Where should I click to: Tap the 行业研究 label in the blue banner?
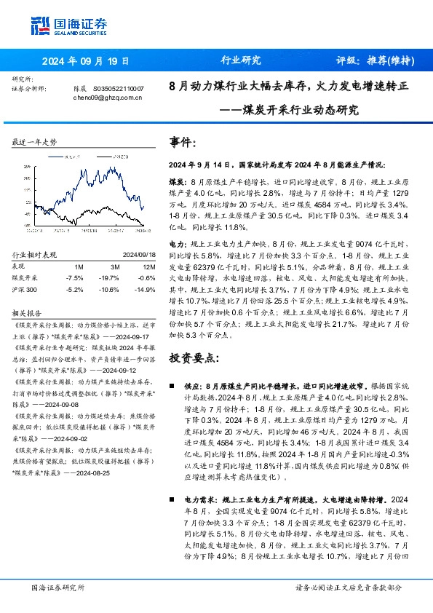[240, 61]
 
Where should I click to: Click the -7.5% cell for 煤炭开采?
[74, 277]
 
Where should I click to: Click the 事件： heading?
[183, 141]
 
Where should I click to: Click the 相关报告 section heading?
[26, 312]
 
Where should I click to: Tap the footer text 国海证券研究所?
[57, 587]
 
